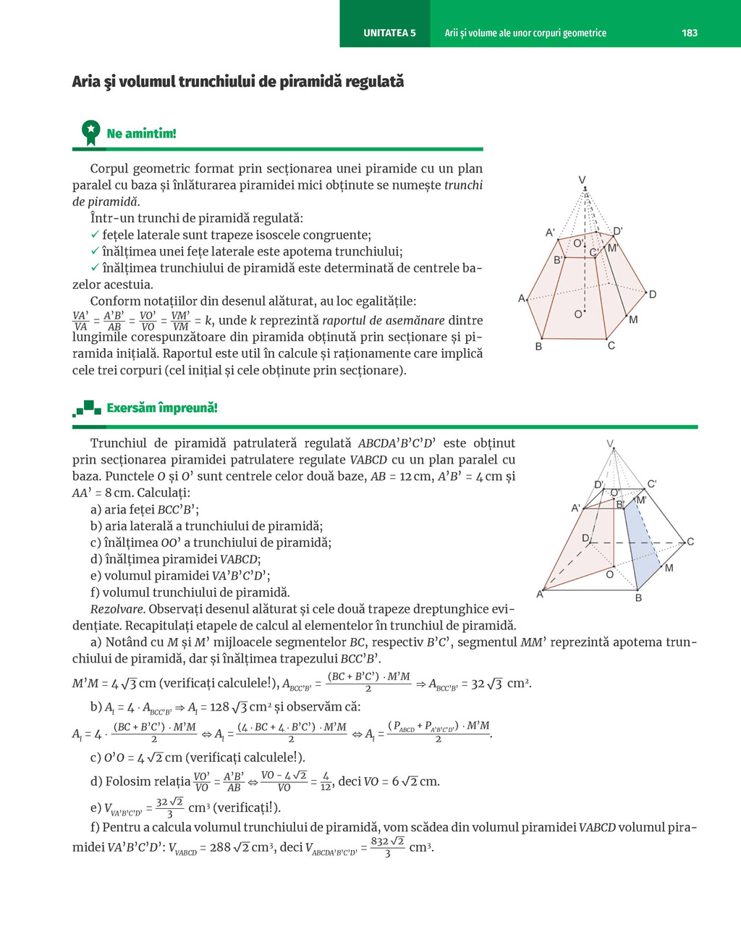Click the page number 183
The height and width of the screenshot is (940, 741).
click(x=689, y=33)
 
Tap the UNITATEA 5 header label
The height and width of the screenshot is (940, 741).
click(x=389, y=33)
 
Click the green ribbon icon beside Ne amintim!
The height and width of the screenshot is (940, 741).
click(x=90, y=133)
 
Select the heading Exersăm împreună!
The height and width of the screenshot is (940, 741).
click(x=161, y=408)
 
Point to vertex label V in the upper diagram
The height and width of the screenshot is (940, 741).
click(x=582, y=180)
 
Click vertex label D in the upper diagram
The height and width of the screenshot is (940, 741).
click(x=652, y=294)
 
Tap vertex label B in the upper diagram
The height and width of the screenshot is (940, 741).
click(x=538, y=347)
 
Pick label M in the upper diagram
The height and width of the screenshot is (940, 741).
click(x=633, y=319)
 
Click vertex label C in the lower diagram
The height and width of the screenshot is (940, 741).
click(x=690, y=542)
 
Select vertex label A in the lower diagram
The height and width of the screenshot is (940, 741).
click(x=540, y=595)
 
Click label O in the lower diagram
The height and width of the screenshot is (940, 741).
click(x=609, y=574)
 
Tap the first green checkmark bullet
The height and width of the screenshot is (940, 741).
click(x=95, y=235)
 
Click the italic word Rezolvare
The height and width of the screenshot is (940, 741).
click(x=117, y=609)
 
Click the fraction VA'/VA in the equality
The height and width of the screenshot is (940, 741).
click(x=80, y=321)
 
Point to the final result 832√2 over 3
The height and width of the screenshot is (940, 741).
click(x=387, y=847)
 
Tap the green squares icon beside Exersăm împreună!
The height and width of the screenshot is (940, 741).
click(x=87, y=408)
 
